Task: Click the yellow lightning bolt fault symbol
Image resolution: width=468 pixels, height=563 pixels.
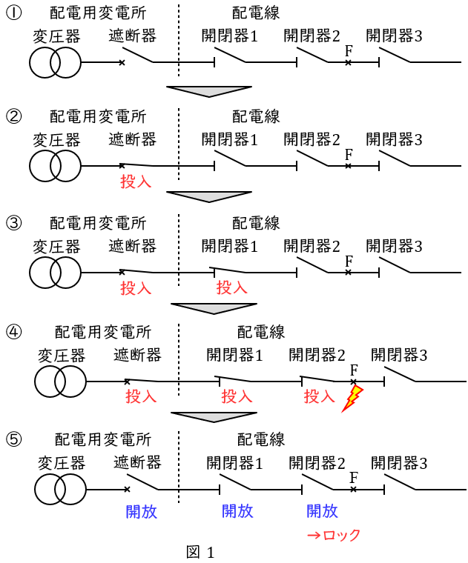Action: tap(353, 399)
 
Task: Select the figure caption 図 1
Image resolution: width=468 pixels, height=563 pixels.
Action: tap(200, 552)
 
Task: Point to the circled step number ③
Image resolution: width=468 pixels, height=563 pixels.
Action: tap(13, 223)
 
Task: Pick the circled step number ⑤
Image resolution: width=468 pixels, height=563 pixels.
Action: tap(13, 439)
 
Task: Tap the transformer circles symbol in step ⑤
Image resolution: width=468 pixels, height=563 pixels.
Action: tap(60, 490)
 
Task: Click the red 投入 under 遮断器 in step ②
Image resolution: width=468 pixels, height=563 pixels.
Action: tap(136, 181)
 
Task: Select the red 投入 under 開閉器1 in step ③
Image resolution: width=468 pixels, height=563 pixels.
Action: tap(231, 287)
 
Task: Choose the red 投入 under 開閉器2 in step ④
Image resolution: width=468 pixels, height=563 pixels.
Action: tap(320, 396)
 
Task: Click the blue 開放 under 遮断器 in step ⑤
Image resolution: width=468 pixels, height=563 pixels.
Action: tap(141, 510)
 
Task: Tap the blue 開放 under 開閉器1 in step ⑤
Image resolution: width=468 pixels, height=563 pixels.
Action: tap(237, 510)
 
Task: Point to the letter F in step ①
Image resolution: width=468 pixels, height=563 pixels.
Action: tap(349, 50)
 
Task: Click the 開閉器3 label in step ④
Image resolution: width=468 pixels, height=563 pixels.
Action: tap(399, 356)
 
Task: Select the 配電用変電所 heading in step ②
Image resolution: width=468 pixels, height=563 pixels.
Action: tap(98, 116)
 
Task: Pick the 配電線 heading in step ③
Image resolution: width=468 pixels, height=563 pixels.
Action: tap(256, 223)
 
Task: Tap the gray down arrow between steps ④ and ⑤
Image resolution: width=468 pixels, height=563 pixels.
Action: tap(214, 416)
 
